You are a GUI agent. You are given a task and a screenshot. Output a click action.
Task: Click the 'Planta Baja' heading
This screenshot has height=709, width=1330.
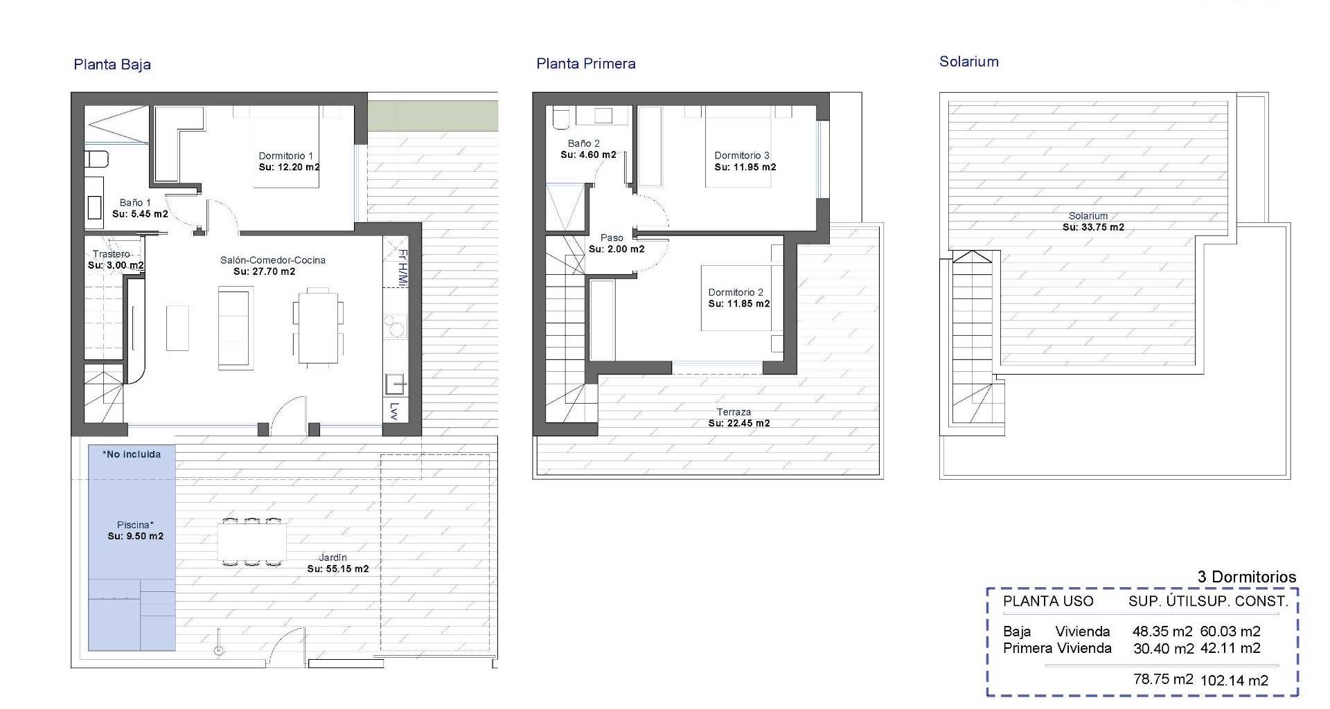click(x=112, y=64)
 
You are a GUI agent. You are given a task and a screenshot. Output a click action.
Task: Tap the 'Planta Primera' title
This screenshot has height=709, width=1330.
click(x=586, y=64)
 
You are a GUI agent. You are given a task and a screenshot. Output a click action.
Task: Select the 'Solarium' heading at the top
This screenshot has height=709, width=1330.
click(x=969, y=62)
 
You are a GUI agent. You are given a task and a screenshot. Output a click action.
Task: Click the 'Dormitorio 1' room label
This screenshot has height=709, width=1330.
click(x=286, y=156)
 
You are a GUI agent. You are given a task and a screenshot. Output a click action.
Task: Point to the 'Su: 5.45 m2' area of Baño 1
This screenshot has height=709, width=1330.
click(x=140, y=214)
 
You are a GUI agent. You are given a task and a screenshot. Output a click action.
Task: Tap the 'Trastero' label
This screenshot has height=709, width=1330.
click(x=111, y=254)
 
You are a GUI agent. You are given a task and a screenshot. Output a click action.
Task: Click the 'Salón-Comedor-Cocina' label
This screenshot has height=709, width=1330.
click(x=273, y=260)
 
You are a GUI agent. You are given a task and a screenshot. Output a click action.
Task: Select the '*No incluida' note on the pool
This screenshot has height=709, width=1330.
click(x=132, y=454)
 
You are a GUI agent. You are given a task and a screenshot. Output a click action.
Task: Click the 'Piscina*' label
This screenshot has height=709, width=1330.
click(x=135, y=525)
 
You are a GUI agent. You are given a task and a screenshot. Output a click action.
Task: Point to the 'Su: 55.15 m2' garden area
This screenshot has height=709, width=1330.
click(x=338, y=569)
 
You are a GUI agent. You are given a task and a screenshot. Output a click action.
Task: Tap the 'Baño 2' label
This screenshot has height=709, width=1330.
click(x=584, y=144)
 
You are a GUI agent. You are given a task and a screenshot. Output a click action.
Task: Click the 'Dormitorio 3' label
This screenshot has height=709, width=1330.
click(x=742, y=156)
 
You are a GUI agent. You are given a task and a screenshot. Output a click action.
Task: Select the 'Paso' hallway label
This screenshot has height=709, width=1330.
click(x=612, y=238)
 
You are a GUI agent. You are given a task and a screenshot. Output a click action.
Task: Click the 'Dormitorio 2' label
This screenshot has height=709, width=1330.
click(x=736, y=292)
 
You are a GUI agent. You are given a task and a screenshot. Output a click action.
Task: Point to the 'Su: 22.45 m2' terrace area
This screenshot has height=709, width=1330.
click(x=739, y=423)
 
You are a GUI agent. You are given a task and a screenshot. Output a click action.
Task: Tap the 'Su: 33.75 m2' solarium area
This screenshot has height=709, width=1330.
click(x=1094, y=227)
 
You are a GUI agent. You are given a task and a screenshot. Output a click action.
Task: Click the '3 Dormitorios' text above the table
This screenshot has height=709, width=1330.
click(x=1247, y=577)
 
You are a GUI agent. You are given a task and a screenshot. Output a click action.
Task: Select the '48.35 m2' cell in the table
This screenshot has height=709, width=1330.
click(x=1162, y=631)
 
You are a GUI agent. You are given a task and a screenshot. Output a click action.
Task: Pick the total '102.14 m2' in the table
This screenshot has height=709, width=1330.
click(x=1234, y=681)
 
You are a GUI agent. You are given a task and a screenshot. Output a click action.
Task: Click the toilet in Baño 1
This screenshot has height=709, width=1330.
click(x=96, y=159)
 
